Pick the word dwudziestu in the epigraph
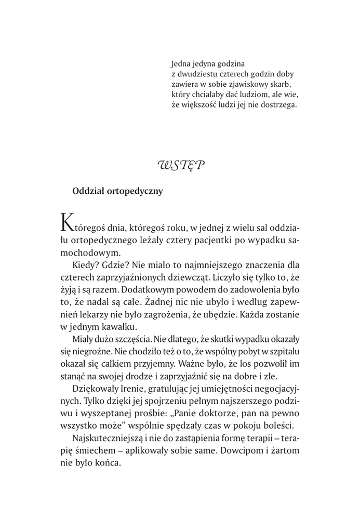tap(198, 74)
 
